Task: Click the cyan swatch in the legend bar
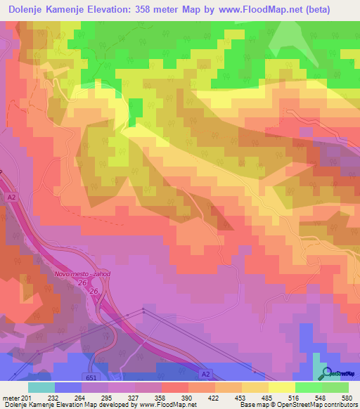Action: (41, 387)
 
